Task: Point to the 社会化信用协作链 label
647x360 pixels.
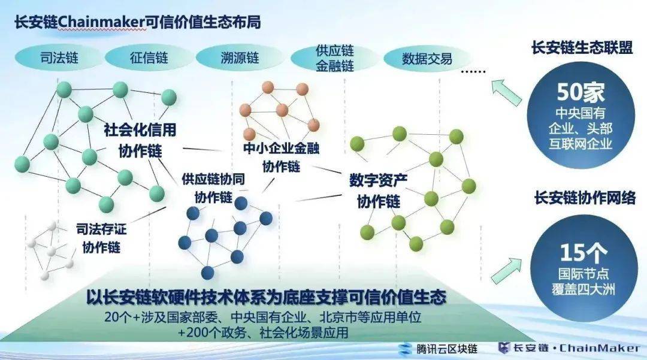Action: pyautogui.click(x=140, y=138)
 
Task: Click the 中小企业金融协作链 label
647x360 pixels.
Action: pyautogui.click(x=280, y=156)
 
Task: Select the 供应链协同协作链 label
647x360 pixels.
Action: pyautogui.click(x=213, y=187)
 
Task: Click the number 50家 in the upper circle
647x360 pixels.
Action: pyautogui.click(x=581, y=92)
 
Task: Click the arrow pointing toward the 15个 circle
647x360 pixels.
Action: pyautogui.click(x=507, y=270)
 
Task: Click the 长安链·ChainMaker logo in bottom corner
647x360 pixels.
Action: pyautogui.click(x=569, y=348)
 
